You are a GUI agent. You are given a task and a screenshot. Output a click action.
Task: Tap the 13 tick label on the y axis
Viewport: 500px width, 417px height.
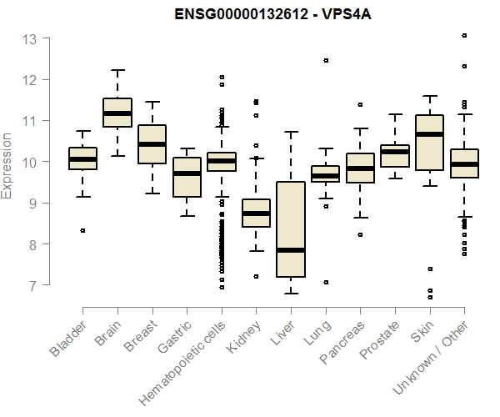point(30,39)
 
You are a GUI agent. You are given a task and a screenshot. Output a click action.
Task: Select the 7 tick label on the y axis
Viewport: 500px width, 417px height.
point(33,286)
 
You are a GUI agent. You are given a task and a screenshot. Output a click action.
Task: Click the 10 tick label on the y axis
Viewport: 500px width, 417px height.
point(30,163)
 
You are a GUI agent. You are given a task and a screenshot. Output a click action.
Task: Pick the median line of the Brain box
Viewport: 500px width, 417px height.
point(117,113)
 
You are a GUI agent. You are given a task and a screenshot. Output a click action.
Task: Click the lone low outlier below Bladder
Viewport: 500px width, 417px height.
point(82,230)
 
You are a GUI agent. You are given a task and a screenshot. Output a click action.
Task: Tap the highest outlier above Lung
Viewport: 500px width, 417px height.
point(326,60)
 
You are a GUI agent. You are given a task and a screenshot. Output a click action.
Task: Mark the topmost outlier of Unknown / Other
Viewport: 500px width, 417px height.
point(464,36)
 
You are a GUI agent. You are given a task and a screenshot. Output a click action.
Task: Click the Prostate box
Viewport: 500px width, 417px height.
point(395,156)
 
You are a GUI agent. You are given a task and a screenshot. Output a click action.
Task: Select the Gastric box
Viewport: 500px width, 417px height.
point(187,177)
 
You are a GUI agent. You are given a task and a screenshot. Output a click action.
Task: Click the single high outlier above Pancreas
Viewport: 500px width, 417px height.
point(360,105)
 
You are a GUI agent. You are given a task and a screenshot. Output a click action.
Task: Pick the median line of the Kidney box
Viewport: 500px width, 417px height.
point(256,214)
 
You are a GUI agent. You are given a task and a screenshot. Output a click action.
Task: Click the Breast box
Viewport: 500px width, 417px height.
point(152,144)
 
